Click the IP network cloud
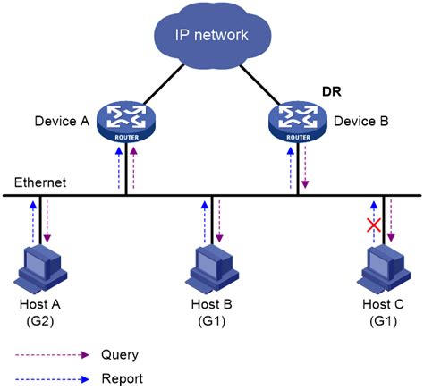tap(211, 38)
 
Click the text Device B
tap(360, 121)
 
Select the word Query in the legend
tap(121, 354)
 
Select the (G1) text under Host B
tap(211, 319)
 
